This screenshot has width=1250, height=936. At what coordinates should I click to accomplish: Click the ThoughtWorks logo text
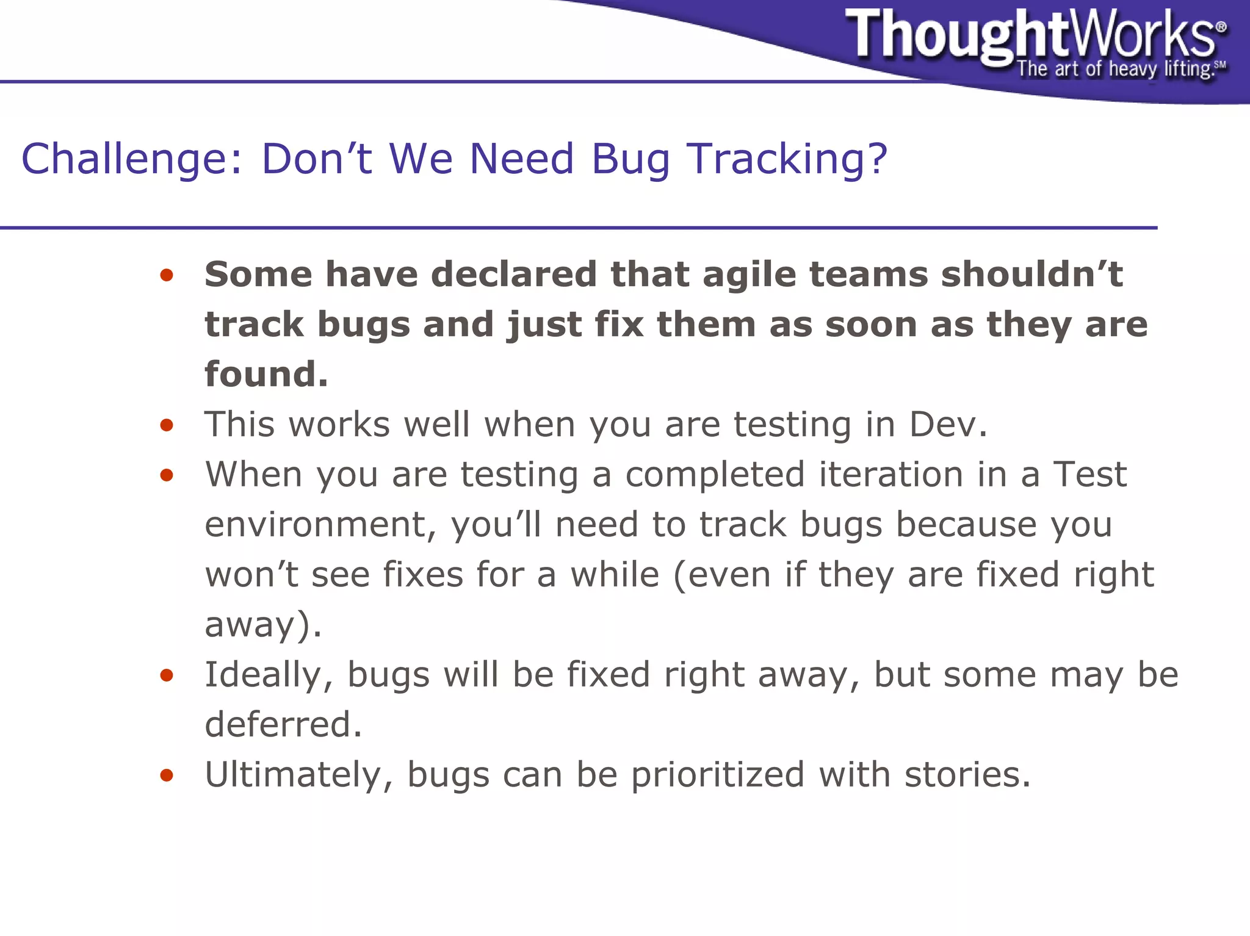point(1031,35)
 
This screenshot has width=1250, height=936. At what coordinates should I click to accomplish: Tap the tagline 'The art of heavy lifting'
point(1114,69)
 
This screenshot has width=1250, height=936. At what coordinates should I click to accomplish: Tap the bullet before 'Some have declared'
point(167,275)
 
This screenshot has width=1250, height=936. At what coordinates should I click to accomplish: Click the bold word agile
point(749,275)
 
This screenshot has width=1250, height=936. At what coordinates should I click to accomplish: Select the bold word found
point(266,374)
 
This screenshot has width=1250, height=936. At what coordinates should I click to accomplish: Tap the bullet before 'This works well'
point(167,425)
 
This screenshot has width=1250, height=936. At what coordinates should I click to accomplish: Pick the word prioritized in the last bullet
point(717,775)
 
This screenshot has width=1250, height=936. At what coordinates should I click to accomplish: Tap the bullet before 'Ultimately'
point(167,776)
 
